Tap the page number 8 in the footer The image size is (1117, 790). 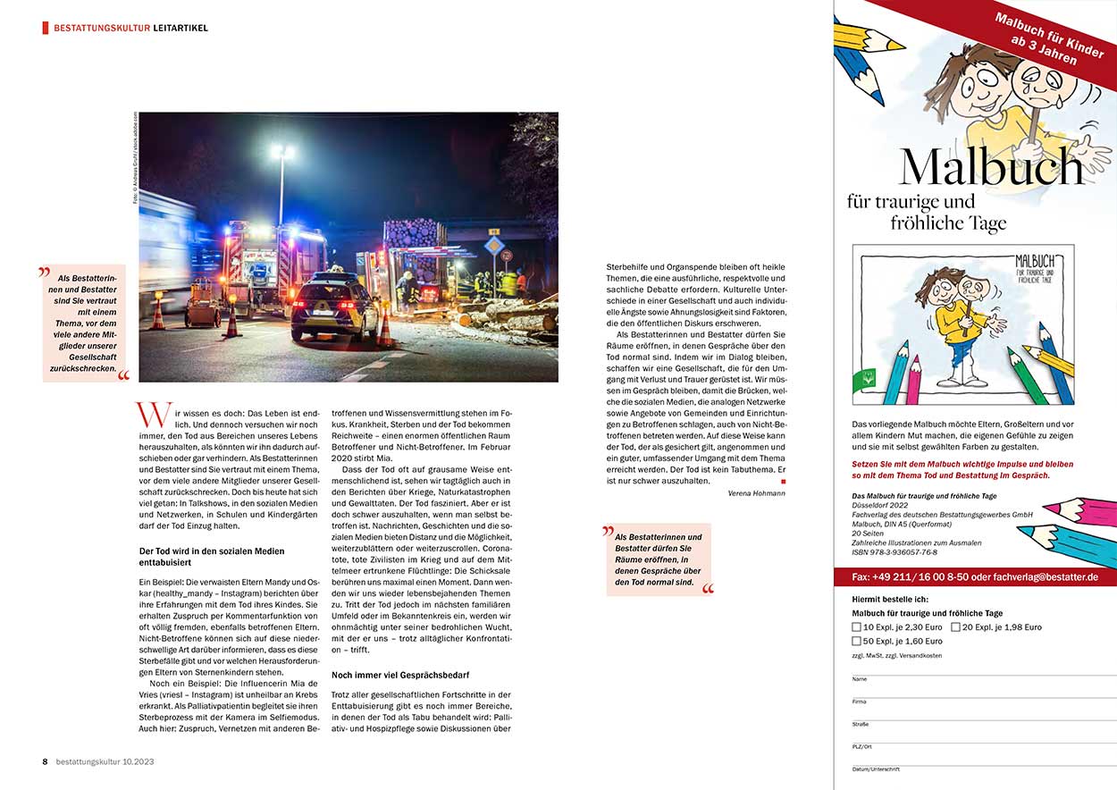[45, 761]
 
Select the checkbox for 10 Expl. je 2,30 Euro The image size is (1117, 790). [857, 627]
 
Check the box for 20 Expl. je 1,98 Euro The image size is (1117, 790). [955, 627]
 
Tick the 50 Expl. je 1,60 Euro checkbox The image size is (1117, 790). [857, 642]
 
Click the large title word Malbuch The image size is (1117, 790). [991, 166]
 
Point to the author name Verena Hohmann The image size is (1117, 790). [757, 493]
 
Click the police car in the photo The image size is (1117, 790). [334, 308]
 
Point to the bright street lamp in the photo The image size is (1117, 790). [281, 153]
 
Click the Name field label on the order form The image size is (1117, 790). [859, 679]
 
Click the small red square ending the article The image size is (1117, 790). [784, 482]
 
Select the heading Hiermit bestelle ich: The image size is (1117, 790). [891, 599]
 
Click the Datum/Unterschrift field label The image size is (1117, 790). [876, 769]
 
